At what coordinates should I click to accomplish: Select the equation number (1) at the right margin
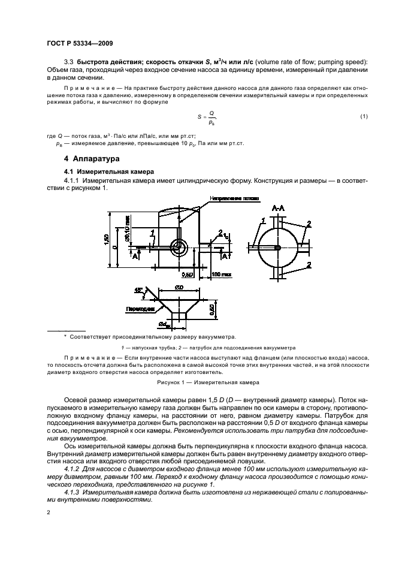click(x=364, y=116)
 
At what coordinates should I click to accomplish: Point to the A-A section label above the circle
click(x=278, y=208)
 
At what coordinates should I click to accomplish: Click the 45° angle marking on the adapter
click(x=139, y=290)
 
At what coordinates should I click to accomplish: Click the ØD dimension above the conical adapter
click(x=179, y=289)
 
